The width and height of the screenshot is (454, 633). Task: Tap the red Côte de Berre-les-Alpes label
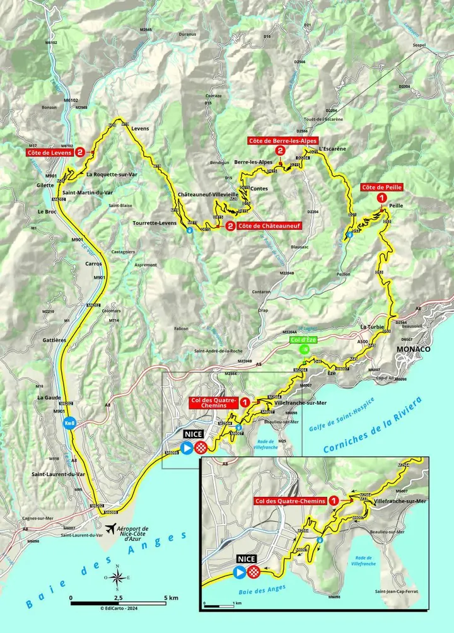(x=282, y=141)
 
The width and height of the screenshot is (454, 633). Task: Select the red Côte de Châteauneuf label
(x=267, y=226)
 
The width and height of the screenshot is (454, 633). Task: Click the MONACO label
(x=412, y=349)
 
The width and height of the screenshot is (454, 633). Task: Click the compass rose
(x=117, y=576)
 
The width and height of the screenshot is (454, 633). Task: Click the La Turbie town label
(x=371, y=328)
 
